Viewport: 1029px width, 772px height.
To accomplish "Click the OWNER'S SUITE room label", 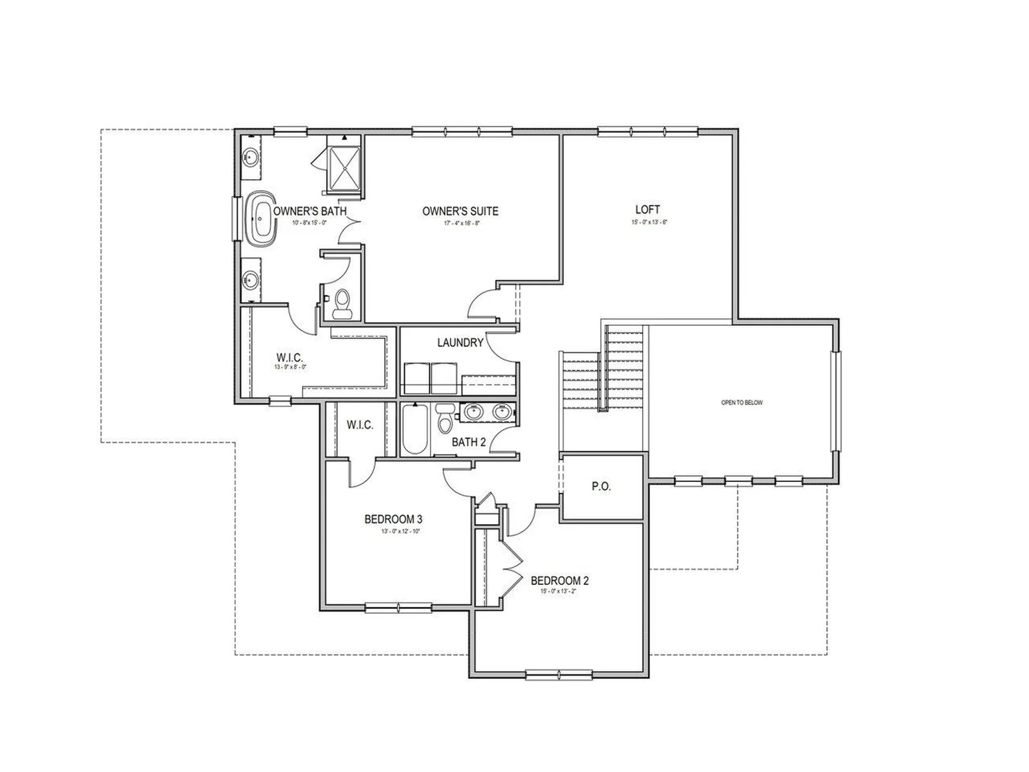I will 460,211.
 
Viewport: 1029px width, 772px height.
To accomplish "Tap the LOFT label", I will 647,210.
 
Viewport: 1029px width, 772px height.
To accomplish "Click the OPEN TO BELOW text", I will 742,403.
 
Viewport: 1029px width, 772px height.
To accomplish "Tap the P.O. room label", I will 601,486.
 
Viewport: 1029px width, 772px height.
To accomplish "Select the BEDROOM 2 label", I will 560,581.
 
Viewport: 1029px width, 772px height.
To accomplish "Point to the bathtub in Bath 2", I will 415,429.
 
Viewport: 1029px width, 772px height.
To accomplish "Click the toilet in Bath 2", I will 445,418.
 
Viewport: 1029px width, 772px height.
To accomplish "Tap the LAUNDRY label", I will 460,343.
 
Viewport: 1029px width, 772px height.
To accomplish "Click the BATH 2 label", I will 468,442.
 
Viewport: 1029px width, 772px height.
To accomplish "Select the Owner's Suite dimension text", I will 460,223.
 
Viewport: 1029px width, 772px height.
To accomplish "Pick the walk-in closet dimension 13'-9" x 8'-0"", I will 289,367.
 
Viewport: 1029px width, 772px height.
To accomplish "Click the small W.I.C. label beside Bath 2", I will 360,425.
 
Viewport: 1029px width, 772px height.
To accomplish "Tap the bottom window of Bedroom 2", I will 559,674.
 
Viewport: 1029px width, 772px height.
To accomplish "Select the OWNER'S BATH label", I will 310,211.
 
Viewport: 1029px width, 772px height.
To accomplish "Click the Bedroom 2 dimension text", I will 560,591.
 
